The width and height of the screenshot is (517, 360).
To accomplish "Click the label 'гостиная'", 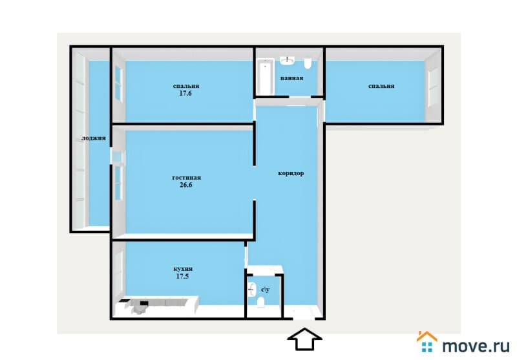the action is pos(186,178).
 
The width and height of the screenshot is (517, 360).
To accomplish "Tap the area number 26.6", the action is pos(186,185).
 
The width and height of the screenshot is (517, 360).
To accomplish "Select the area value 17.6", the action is pos(185,93).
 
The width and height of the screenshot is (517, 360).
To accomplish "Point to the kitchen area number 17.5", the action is pos(182,276).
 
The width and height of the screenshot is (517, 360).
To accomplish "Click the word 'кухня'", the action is pos(183,269).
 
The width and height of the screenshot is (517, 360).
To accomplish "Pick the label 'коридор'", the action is pos(291,173).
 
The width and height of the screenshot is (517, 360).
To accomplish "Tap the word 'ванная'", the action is pos(292,78).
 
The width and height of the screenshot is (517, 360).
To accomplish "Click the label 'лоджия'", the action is pos(94,138).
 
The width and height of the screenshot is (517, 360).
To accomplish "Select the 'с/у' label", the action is pos(266,290).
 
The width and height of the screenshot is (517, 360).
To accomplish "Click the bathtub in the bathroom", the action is pos(266,76).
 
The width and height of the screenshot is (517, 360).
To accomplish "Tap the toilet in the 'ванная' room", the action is pos(308,63).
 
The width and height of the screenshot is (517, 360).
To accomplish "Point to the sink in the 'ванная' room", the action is pos(288,60).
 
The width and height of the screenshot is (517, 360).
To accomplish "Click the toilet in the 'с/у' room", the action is pos(261,302).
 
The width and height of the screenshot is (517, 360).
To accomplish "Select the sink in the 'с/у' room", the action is pos(252,289).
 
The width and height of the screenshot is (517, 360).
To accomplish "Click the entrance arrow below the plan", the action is pos(304,339).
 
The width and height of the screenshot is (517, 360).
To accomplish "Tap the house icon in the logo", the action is pos(427,342).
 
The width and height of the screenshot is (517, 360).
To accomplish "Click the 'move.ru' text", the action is pos(476,346).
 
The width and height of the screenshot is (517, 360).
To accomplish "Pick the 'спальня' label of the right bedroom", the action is pos(381,86).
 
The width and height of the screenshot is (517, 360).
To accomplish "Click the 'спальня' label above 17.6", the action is pos(186,86).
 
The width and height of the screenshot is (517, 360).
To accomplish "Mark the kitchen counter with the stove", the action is pos(156,304).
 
